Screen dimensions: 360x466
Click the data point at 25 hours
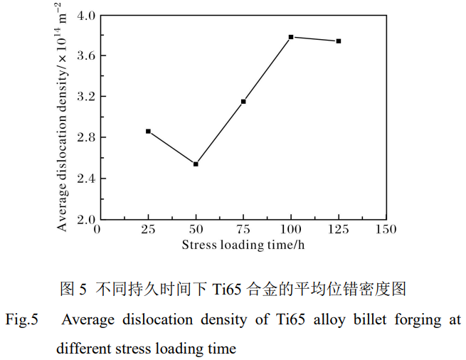pos(148,131)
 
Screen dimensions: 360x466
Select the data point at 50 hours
pos(196,164)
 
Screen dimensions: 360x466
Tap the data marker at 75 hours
pos(243,102)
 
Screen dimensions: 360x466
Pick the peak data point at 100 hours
pos(291,36)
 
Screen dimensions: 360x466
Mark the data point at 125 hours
pos(339,41)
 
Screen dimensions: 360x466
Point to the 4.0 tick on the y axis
pos(85,15)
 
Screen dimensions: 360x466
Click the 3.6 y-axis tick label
pos(85,55)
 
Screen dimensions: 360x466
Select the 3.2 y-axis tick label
pos(85,97)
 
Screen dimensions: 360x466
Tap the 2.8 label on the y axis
pos(85,137)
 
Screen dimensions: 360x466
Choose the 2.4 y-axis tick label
pos(85,178)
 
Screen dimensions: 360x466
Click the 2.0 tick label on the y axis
pos(85,219)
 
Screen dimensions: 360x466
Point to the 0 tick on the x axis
pos(97,230)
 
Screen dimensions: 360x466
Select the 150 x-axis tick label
pos(386,230)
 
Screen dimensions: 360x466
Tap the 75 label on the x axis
pos(243,230)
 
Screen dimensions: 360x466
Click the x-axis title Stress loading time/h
pos(243,245)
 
